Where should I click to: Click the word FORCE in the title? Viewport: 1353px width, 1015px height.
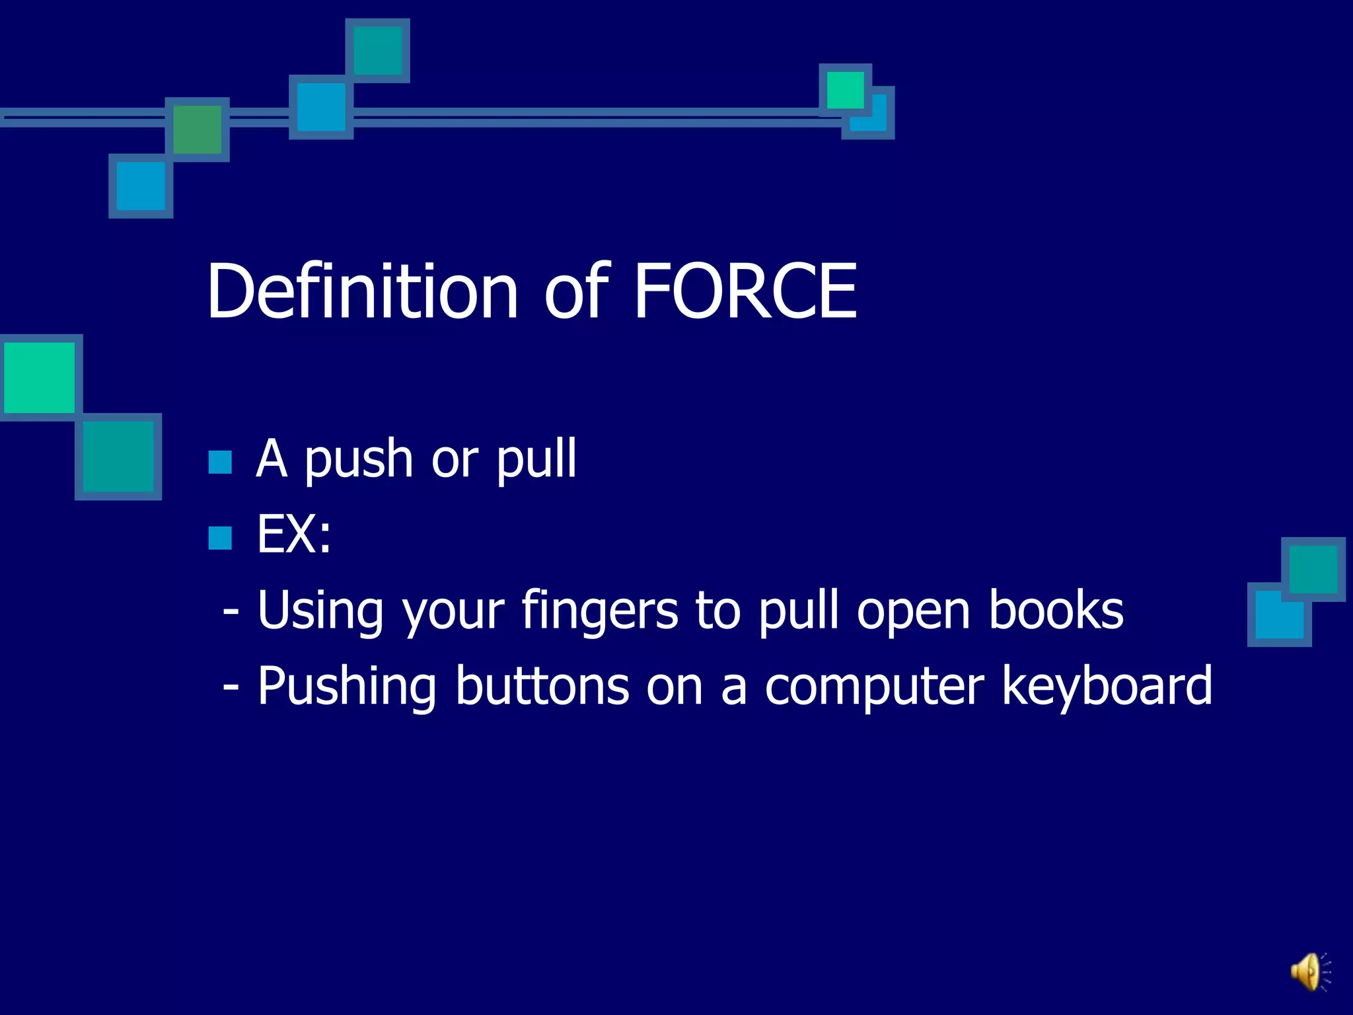[x=745, y=291]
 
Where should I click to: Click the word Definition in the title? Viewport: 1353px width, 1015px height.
[x=362, y=291]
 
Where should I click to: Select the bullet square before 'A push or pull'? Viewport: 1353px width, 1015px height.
[x=220, y=463]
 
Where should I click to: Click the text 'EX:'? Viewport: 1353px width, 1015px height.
[x=294, y=535]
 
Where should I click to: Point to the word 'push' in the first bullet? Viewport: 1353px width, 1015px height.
[x=359, y=461]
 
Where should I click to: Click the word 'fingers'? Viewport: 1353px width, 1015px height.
[x=599, y=612]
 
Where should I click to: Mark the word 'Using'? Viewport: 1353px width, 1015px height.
[x=320, y=612]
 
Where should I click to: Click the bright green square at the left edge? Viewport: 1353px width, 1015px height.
[x=40, y=377]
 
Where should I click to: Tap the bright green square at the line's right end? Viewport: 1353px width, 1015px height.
[x=845, y=90]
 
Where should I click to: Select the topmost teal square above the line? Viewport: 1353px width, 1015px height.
[x=378, y=50]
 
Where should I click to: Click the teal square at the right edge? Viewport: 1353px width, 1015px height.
[x=1313, y=569]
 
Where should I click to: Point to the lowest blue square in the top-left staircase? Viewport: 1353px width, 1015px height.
[x=141, y=186]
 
